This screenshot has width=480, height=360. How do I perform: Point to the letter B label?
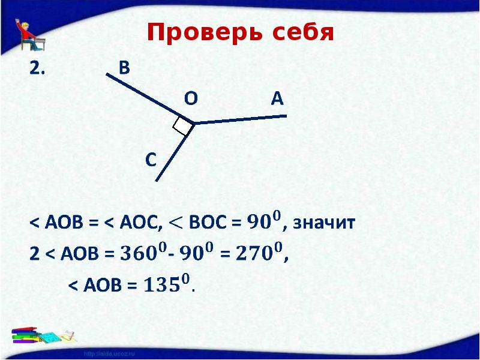click(x=124, y=68)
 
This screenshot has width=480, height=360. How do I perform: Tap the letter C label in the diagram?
click(x=151, y=160)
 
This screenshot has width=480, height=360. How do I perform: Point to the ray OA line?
click(x=240, y=119)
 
